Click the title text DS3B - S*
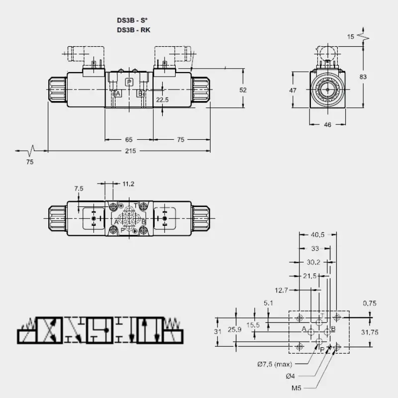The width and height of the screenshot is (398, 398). pos(132,20)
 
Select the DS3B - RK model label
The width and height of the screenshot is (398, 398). pos(133,30)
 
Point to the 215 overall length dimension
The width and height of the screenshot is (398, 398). pos(130,151)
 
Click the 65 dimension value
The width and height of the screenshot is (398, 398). pos(129,139)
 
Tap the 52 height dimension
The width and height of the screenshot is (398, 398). pos(243,90)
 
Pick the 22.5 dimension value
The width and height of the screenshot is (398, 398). pos(162,99)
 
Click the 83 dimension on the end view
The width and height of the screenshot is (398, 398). pos(363,77)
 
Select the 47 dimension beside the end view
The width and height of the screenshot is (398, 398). pos(293,90)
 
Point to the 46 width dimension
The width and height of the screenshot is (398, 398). pos(327,125)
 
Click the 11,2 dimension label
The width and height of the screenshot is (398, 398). pos(128,184)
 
